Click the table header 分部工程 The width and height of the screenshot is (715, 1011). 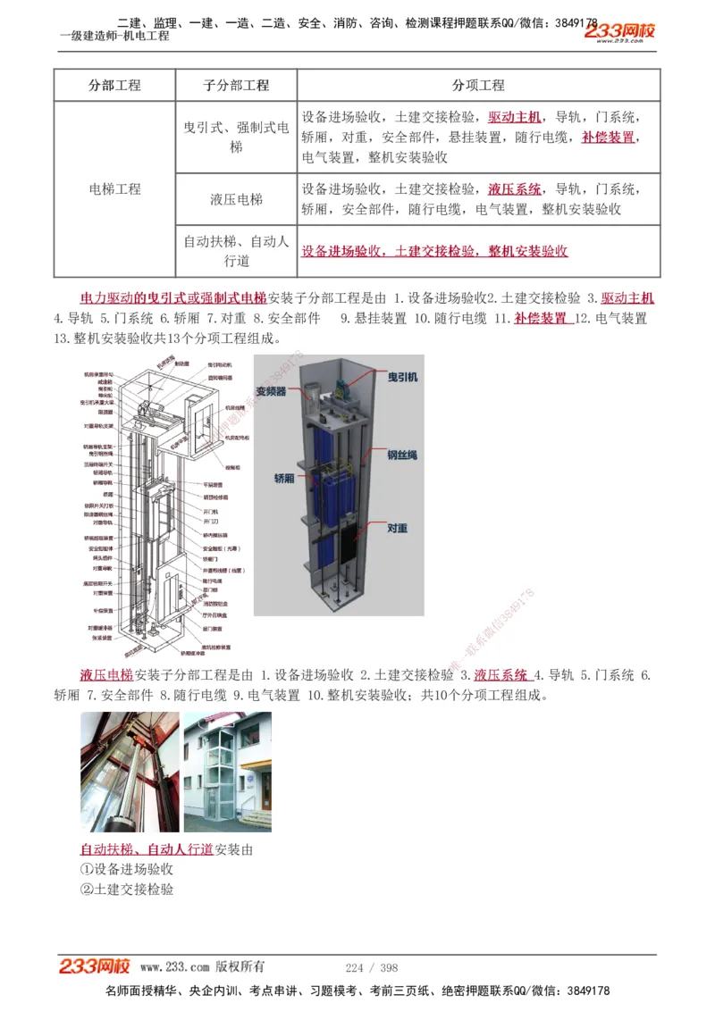pyautogui.click(x=114, y=86)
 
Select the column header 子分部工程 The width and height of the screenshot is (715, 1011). pyautogui.click(x=236, y=86)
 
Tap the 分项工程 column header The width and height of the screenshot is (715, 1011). pyautogui.click(x=478, y=86)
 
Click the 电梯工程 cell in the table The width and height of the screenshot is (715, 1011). pyautogui.click(x=114, y=189)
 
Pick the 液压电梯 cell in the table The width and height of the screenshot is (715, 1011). pyautogui.click(x=236, y=199)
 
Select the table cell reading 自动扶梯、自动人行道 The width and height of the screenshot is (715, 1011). pyautogui.click(x=236, y=251)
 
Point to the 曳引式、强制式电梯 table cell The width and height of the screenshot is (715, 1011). pyautogui.click(x=236, y=137)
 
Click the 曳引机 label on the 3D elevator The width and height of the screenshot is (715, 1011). pyautogui.click(x=401, y=378)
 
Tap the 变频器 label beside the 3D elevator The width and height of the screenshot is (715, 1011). pyautogui.click(x=271, y=391)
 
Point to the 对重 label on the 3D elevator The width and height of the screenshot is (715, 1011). pyautogui.click(x=398, y=529)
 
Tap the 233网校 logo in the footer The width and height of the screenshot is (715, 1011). pyautogui.click(x=95, y=966)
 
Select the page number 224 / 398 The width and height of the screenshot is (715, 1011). pyautogui.click(x=372, y=967)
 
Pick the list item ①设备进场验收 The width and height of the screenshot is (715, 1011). pyautogui.click(x=127, y=869)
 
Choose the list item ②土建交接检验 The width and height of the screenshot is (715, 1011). pyautogui.click(x=127, y=890)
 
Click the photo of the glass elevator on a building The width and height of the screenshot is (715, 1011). pyautogui.click(x=228, y=772)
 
